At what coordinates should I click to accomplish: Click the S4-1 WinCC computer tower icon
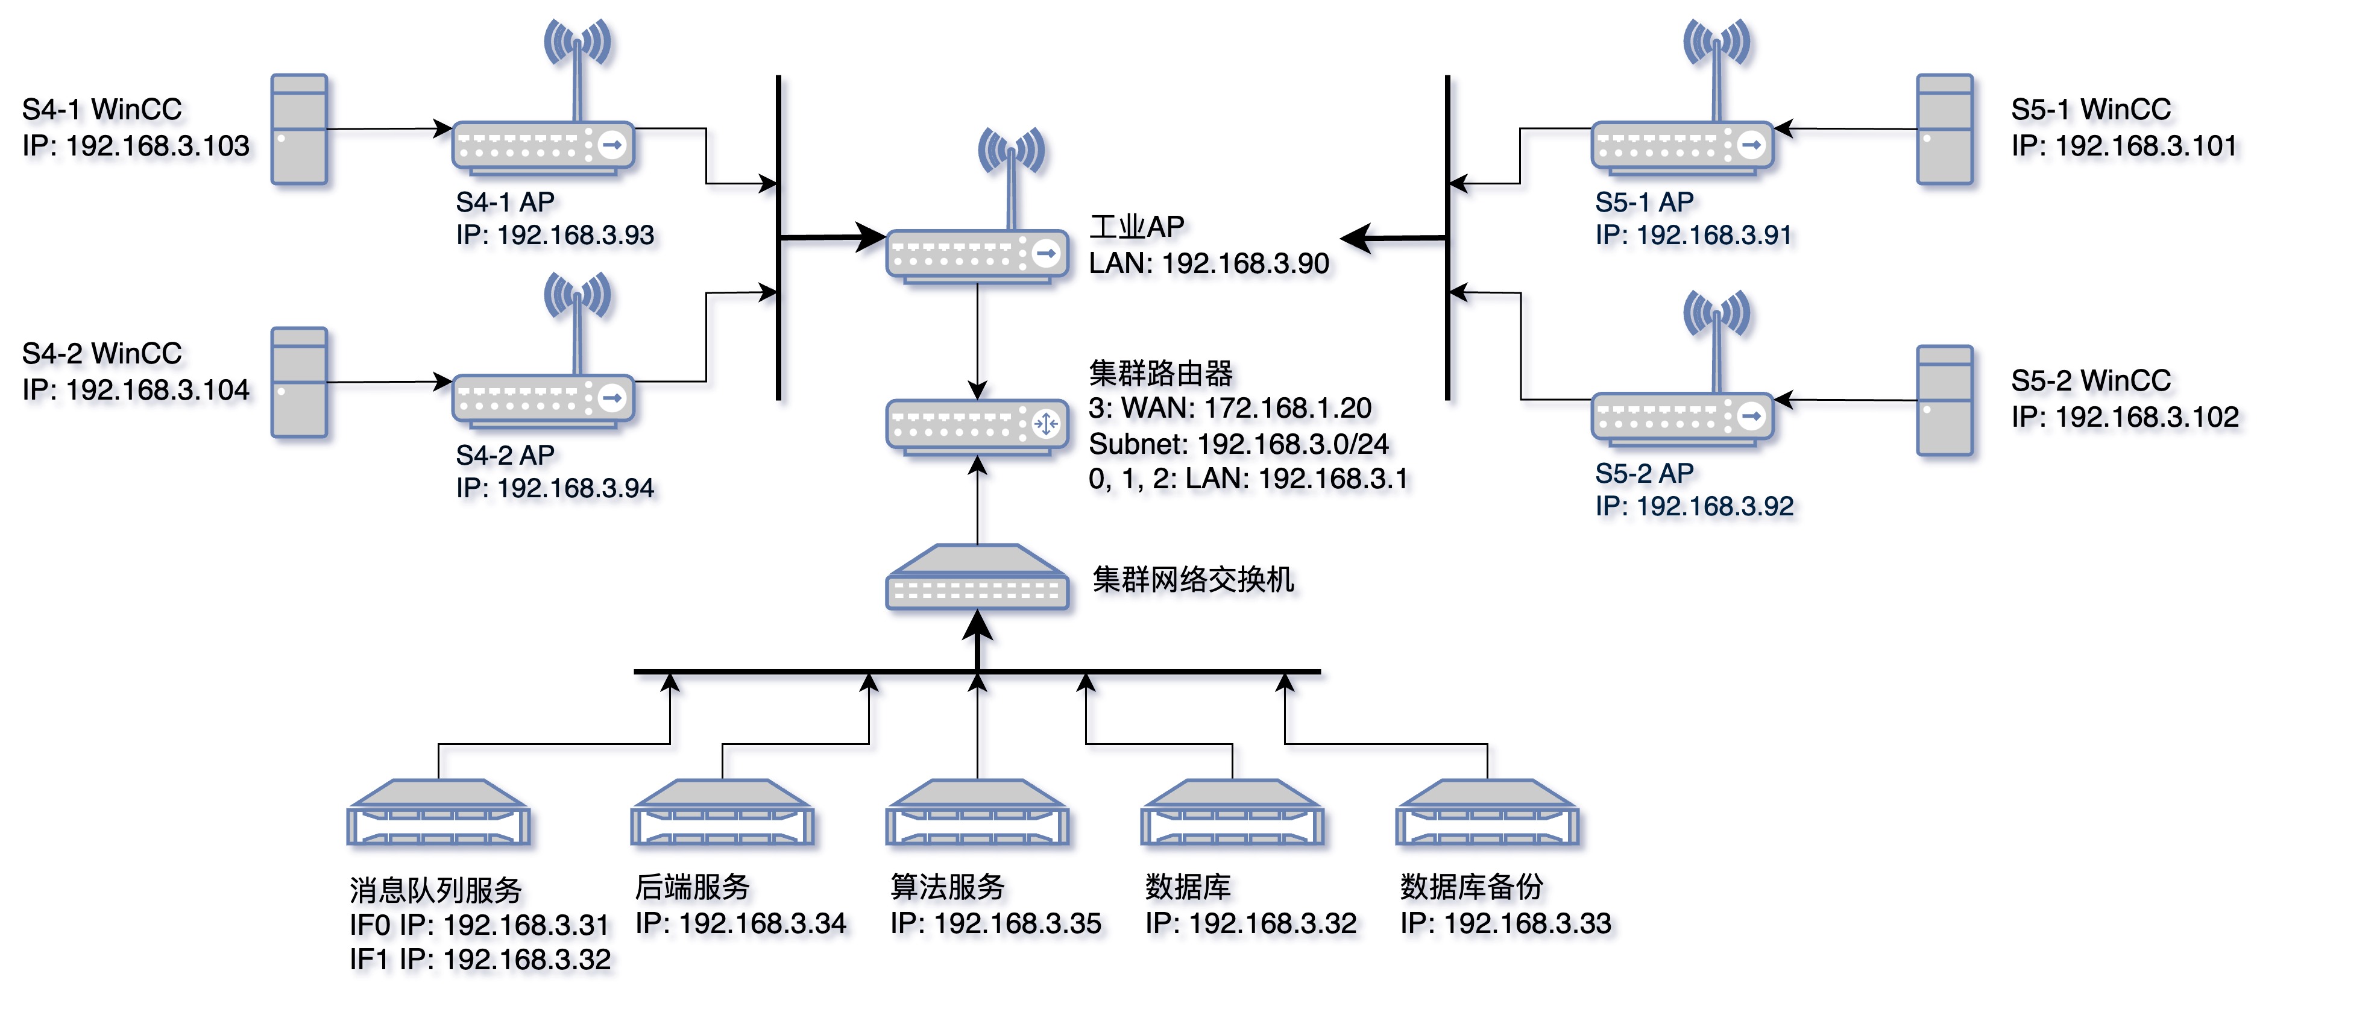click(x=298, y=130)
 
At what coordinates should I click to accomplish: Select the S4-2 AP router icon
click(x=543, y=400)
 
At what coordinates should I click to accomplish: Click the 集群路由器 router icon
click(x=978, y=426)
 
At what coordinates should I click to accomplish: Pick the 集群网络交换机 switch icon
click(x=978, y=579)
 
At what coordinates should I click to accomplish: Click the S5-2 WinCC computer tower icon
click(x=1945, y=401)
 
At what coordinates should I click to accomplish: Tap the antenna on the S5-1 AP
click(x=1716, y=55)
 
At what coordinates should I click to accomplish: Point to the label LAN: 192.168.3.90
click(x=1209, y=263)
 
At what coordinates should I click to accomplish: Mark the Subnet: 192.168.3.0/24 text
click(x=1239, y=444)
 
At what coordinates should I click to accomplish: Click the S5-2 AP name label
click(x=1645, y=473)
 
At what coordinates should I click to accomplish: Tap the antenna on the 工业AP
click(x=1012, y=166)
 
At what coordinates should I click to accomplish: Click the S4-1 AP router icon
click(x=543, y=146)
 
